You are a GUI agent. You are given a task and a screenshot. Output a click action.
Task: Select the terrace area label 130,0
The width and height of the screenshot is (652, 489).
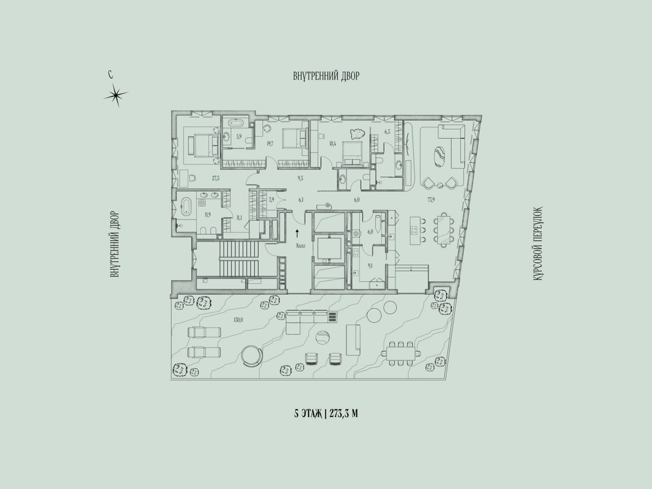pyautogui.click(x=238, y=319)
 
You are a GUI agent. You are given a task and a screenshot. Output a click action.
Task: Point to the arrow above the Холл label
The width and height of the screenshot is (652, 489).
pyautogui.click(x=298, y=232)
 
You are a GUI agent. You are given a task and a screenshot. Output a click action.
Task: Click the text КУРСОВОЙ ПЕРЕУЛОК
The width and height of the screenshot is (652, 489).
pyautogui.click(x=537, y=244)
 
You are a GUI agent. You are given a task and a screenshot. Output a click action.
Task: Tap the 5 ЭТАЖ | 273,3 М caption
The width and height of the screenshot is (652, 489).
pyautogui.click(x=326, y=413)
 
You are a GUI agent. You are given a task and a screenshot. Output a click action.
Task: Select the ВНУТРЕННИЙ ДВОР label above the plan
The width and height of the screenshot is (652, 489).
pyautogui.click(x=326, y=76)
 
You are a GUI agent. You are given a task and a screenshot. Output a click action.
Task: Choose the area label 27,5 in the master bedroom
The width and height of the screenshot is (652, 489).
pyautogui.click(x=215, y=178)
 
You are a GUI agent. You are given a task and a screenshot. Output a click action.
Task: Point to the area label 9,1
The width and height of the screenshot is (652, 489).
pyautogui.click(x=370, y=265)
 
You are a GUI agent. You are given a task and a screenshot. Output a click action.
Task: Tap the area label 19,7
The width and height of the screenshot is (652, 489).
pyautogui.click(x=269, y=144)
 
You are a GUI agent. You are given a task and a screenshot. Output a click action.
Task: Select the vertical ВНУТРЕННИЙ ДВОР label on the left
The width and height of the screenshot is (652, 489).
pyautogui.click(x=114, y=244)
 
